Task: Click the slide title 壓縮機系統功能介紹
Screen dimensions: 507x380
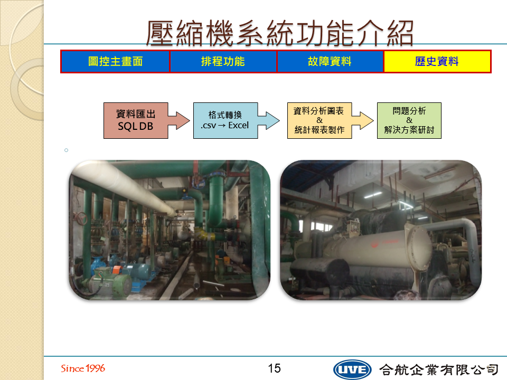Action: pyautogui.click(x=280, y=33)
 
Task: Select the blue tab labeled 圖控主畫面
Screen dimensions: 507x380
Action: pyautogui.click(x=116, y=61)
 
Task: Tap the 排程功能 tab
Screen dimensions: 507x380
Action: pyautogui.click(x=223, y=61)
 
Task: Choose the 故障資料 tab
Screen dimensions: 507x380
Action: pyautogui.click(x=330, y=61)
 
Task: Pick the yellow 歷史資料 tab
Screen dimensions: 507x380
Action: pyautogui.click(x=437, y=61)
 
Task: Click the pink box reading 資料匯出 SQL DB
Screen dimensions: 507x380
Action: pyautogui.click(x=136, y=120)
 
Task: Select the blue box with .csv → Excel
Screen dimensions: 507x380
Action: pyautogui.click(x=226, y=120)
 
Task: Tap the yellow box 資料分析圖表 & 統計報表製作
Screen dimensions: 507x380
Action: pyautogui.click(x=320, y=120)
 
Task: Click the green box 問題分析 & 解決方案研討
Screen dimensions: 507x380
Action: pyautogui.click(x=409, y=120)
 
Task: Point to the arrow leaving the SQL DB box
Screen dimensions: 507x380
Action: pyautogui.click(x=179, y=120)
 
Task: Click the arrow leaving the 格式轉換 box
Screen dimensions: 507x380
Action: pyautogui.click(x=269, y=120)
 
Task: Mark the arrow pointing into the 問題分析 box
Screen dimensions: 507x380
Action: pyautogui.click(x=362, y=120)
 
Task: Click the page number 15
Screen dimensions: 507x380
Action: pyautogui.click(x=274, y=368)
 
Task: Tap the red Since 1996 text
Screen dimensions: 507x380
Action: pyautogui.click(x=83, y=368)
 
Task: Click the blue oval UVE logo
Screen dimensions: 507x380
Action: pyautogui.click(x=352, y=369)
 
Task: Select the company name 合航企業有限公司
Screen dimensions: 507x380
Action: pyautogui.click(x=439, y=369)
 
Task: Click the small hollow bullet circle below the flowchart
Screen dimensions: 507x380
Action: pyautogui.click(x=67, y=150)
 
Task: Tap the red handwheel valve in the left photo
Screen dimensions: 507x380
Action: pyautogui.click(x=80, y=218)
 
